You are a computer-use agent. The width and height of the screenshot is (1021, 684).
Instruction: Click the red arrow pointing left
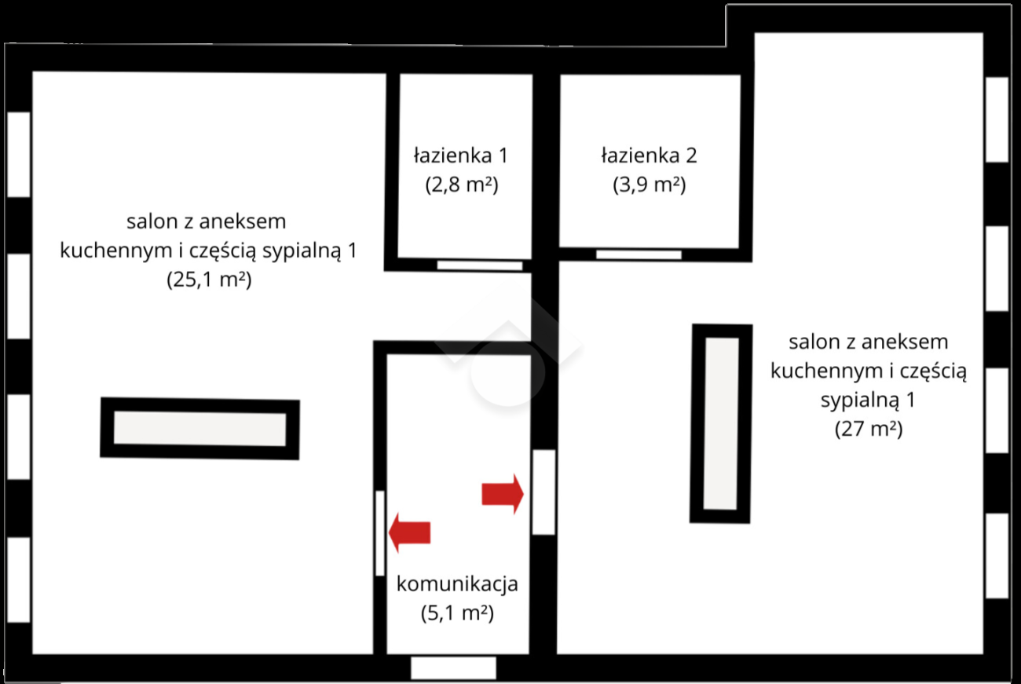409,532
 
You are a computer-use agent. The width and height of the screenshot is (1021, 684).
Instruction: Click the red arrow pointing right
503,494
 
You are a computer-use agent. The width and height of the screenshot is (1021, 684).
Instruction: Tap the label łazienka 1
461,155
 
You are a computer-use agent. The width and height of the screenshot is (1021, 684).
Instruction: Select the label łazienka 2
649,155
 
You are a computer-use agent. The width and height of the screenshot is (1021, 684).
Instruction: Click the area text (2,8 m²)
462,185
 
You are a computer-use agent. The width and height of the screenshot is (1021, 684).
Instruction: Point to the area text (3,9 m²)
649,185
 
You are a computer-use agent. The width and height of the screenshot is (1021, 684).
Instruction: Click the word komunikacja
457,583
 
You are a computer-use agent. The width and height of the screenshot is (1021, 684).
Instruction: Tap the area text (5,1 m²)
457,613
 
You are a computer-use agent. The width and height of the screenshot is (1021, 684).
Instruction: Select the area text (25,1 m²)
209,280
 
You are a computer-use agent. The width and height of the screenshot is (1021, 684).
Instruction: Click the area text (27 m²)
869,429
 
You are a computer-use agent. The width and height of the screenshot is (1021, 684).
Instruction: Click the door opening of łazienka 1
480,265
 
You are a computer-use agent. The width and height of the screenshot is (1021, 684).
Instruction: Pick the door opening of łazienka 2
639,254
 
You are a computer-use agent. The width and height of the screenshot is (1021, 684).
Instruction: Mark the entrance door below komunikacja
453,668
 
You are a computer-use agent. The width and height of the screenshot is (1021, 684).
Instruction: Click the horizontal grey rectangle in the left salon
199,428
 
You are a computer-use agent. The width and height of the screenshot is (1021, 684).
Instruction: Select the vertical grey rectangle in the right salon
721,424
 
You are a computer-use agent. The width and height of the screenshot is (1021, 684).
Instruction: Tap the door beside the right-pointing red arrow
543,492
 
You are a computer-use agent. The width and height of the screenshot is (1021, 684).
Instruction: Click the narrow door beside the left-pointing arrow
379,533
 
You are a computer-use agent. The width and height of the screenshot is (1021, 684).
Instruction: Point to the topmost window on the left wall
19,155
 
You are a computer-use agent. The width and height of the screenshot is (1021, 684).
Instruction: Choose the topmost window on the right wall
997,119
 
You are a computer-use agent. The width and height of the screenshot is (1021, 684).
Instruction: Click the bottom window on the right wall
997,555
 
